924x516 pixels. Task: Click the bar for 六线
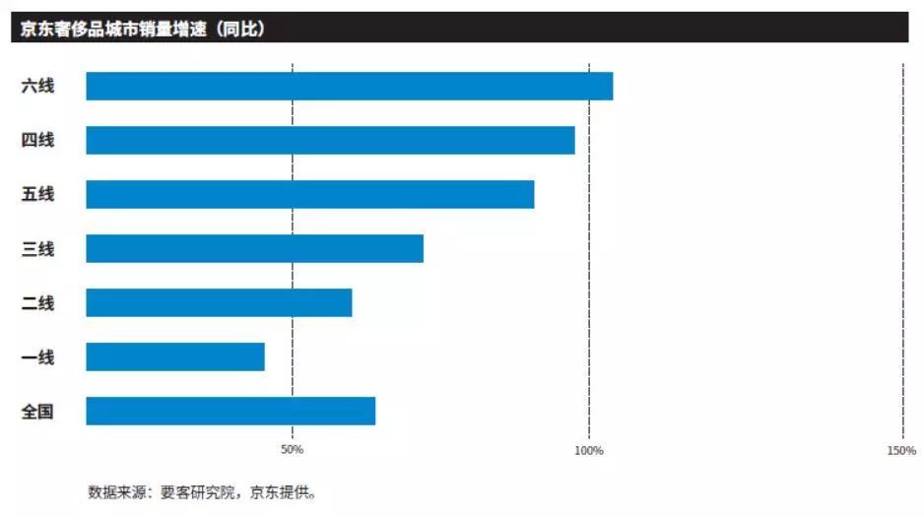pyautogui.click(x=349, y=87)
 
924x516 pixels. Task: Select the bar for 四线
pyautogui.click(x=330, y=140)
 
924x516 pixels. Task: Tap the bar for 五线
pyautogui.click(x=309, y=194)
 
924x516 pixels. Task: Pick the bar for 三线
pyautogui.click(x=254, y=248)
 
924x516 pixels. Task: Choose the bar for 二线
pyautogui.click(x=219, y=302)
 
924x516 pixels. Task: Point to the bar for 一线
pyautogui.click(x=175, y=356)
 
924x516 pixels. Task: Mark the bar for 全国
pyautogui.click(x=231, y=411)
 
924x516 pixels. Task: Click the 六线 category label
pyautogui.click(x=37, y=87)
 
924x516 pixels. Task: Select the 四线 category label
pyautogui.click(x=37, y=140)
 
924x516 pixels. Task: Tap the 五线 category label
pyautogui.click(x=37, y=194)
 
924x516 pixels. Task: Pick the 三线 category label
pyautogui.click(x=37, y=248)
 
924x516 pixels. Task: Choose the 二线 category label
pyautogui.click(x=37, y=302)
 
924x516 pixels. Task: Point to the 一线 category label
pyautogui.click(x=37, y=356)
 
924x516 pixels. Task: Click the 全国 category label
pyautogui.click(x=37, y=411)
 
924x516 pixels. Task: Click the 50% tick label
pyautogui.click(x=292, y=450)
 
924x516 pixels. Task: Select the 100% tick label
pyautogui.click(x=588, y=450)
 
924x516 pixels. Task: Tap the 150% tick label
pyautogui.click(x=900, y=450)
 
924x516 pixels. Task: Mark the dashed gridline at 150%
pyautogui.click(x=902, y=246)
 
